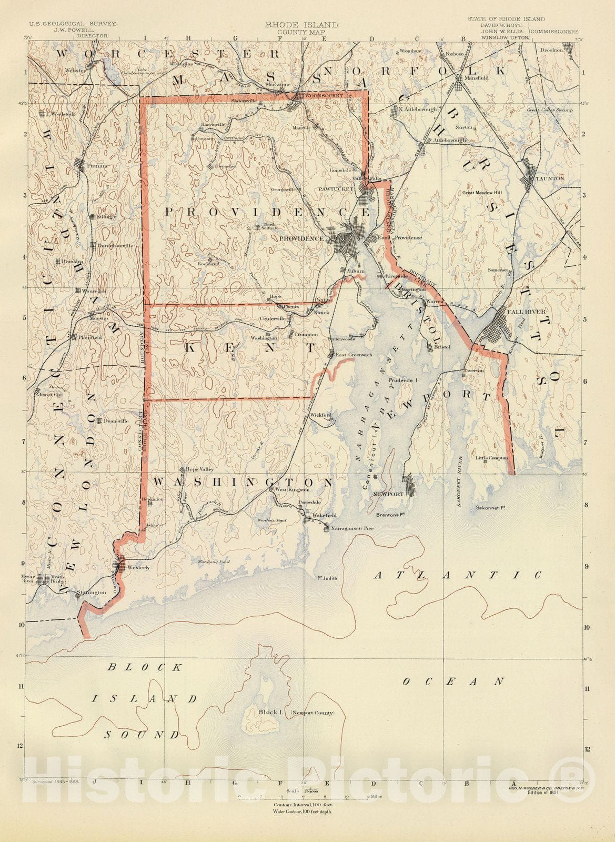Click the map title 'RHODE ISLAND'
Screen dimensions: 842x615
pyautogui.click(x=301, y=25)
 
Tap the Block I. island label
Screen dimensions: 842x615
pyautogui.click(x=271, y=712)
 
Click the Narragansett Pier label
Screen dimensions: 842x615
pyautogui.click(x=351, y=526)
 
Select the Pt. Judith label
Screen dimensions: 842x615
pyautogui.click(x=327, y=578)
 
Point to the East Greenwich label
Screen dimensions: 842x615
pyautogui.click(x=354, y=355)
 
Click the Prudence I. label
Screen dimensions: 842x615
pyautogui.click(x=403, y=379)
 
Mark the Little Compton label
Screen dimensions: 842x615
pyautogui.click(x=492, y=458)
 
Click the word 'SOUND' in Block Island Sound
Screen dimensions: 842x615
pyautogui.click(x=141, y=735)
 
